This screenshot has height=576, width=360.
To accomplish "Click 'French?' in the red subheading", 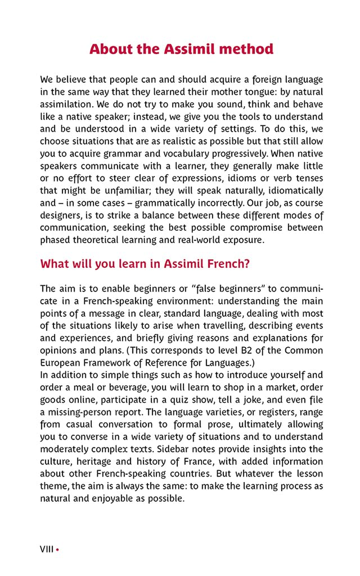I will [229, 264].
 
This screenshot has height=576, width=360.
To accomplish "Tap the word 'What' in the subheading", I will [53, 264].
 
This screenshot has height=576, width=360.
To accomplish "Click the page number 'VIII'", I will [47, 549].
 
